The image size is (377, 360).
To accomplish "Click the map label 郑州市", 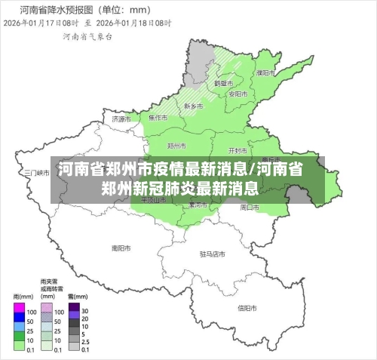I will click(x=176, y=145).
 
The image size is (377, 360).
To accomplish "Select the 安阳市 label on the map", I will click(x=238, y=94).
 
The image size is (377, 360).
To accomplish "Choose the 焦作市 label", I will click(x=158, y=118).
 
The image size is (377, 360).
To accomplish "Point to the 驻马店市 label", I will click(x=213, y=254).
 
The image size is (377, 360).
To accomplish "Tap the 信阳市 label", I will click(x=248, y=308).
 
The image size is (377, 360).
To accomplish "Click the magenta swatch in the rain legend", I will click(x=20, y=311).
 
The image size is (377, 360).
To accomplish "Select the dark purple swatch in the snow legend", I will click(x=74, y=311).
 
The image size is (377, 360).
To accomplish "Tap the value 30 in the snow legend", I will click(x=85, y=311).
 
